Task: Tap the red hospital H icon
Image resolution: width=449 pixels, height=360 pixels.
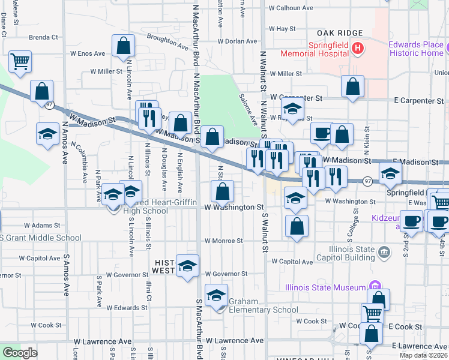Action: click(358, 47)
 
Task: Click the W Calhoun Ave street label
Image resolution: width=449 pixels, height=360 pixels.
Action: click(291, 8)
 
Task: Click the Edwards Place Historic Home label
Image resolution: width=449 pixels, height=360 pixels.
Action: click(415, 49)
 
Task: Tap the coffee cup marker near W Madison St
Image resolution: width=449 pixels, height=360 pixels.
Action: click(322, 133)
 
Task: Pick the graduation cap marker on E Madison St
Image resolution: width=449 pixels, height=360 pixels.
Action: click(391, 175)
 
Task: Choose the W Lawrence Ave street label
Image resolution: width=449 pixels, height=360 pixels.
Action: click(233, 341)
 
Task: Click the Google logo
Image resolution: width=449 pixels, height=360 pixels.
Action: click(20, 353)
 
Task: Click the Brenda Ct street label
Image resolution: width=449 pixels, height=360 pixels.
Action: click(43, 37)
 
